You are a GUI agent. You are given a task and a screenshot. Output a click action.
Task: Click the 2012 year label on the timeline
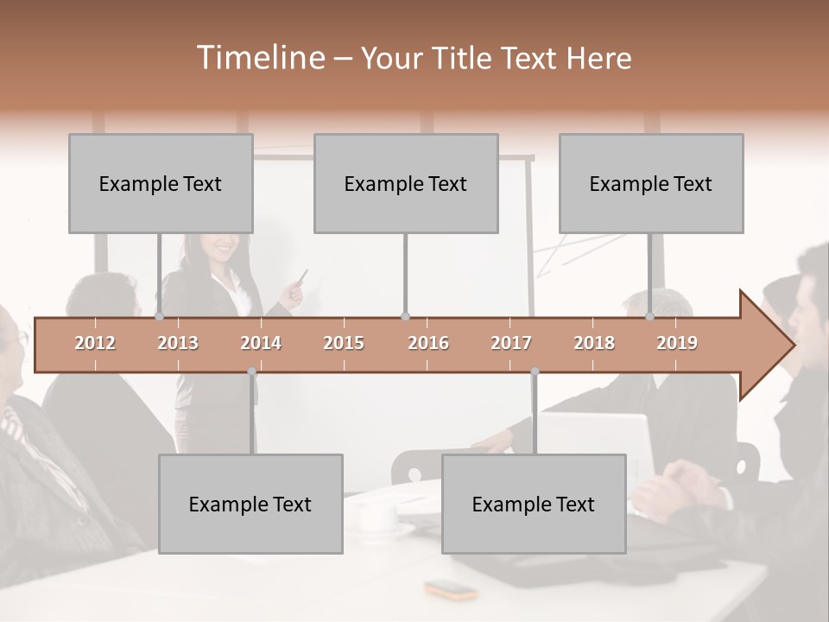(95, 343)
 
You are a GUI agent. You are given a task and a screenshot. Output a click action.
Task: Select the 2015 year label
(344, 343)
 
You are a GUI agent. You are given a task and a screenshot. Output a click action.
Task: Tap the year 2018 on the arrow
(594, 343)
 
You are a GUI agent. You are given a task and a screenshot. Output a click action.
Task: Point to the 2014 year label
(261, 343)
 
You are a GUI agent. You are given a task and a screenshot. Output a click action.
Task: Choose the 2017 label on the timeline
(511, 343)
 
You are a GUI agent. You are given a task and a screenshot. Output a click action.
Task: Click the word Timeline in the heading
(260, 58)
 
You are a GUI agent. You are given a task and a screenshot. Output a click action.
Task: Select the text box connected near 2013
(161, 183)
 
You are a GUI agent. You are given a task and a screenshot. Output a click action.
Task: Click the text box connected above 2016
(406, 183)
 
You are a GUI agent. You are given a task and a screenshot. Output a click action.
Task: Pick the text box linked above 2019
(651, 183)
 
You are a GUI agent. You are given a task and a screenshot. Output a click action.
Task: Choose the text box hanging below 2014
(250, 504)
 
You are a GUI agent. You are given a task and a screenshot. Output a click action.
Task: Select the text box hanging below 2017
(534, 504)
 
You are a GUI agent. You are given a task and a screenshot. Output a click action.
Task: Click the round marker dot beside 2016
(406, 317)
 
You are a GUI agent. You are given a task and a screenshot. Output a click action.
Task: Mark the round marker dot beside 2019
(650, 317)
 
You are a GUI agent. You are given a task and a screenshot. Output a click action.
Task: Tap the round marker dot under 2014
(251, 371)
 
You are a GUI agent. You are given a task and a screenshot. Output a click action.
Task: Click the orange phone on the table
(451, 590)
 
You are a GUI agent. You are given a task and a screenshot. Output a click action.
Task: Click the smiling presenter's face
(222, 247)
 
